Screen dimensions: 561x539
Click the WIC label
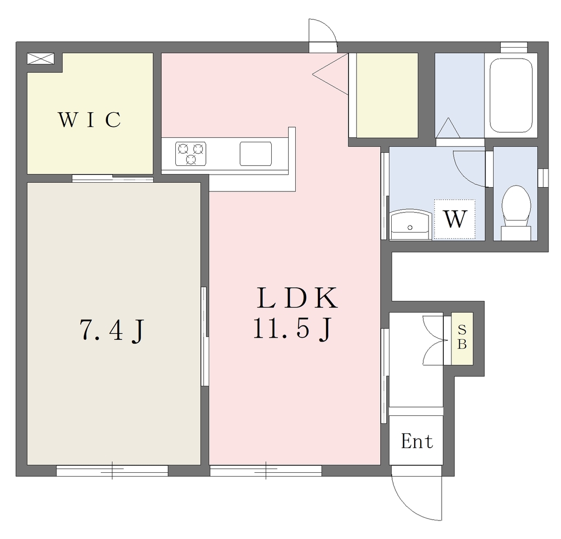pos(89,119)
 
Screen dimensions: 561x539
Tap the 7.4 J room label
pos(112,330)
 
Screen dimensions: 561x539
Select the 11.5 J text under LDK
pos(291,328)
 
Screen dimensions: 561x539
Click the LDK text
pos(296,298)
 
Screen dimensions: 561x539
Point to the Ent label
pos(416,441)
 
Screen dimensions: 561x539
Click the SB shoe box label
pos(462,339)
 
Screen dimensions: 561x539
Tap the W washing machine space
pos(455,219)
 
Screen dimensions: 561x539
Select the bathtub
pos(511,95)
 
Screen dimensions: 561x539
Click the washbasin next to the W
pos(410,225)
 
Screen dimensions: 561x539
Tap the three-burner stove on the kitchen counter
pos(191,154)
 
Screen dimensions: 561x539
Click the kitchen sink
pos(255,154)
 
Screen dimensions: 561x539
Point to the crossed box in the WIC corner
pos(41,59)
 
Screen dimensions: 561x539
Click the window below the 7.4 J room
pos(112,471)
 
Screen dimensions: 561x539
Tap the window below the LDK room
pos(266,471)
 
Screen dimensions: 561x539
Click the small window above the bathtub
pos(514,47)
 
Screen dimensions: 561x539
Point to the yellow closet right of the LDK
pos(387,95)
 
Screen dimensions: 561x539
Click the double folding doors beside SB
pos(434,340)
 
